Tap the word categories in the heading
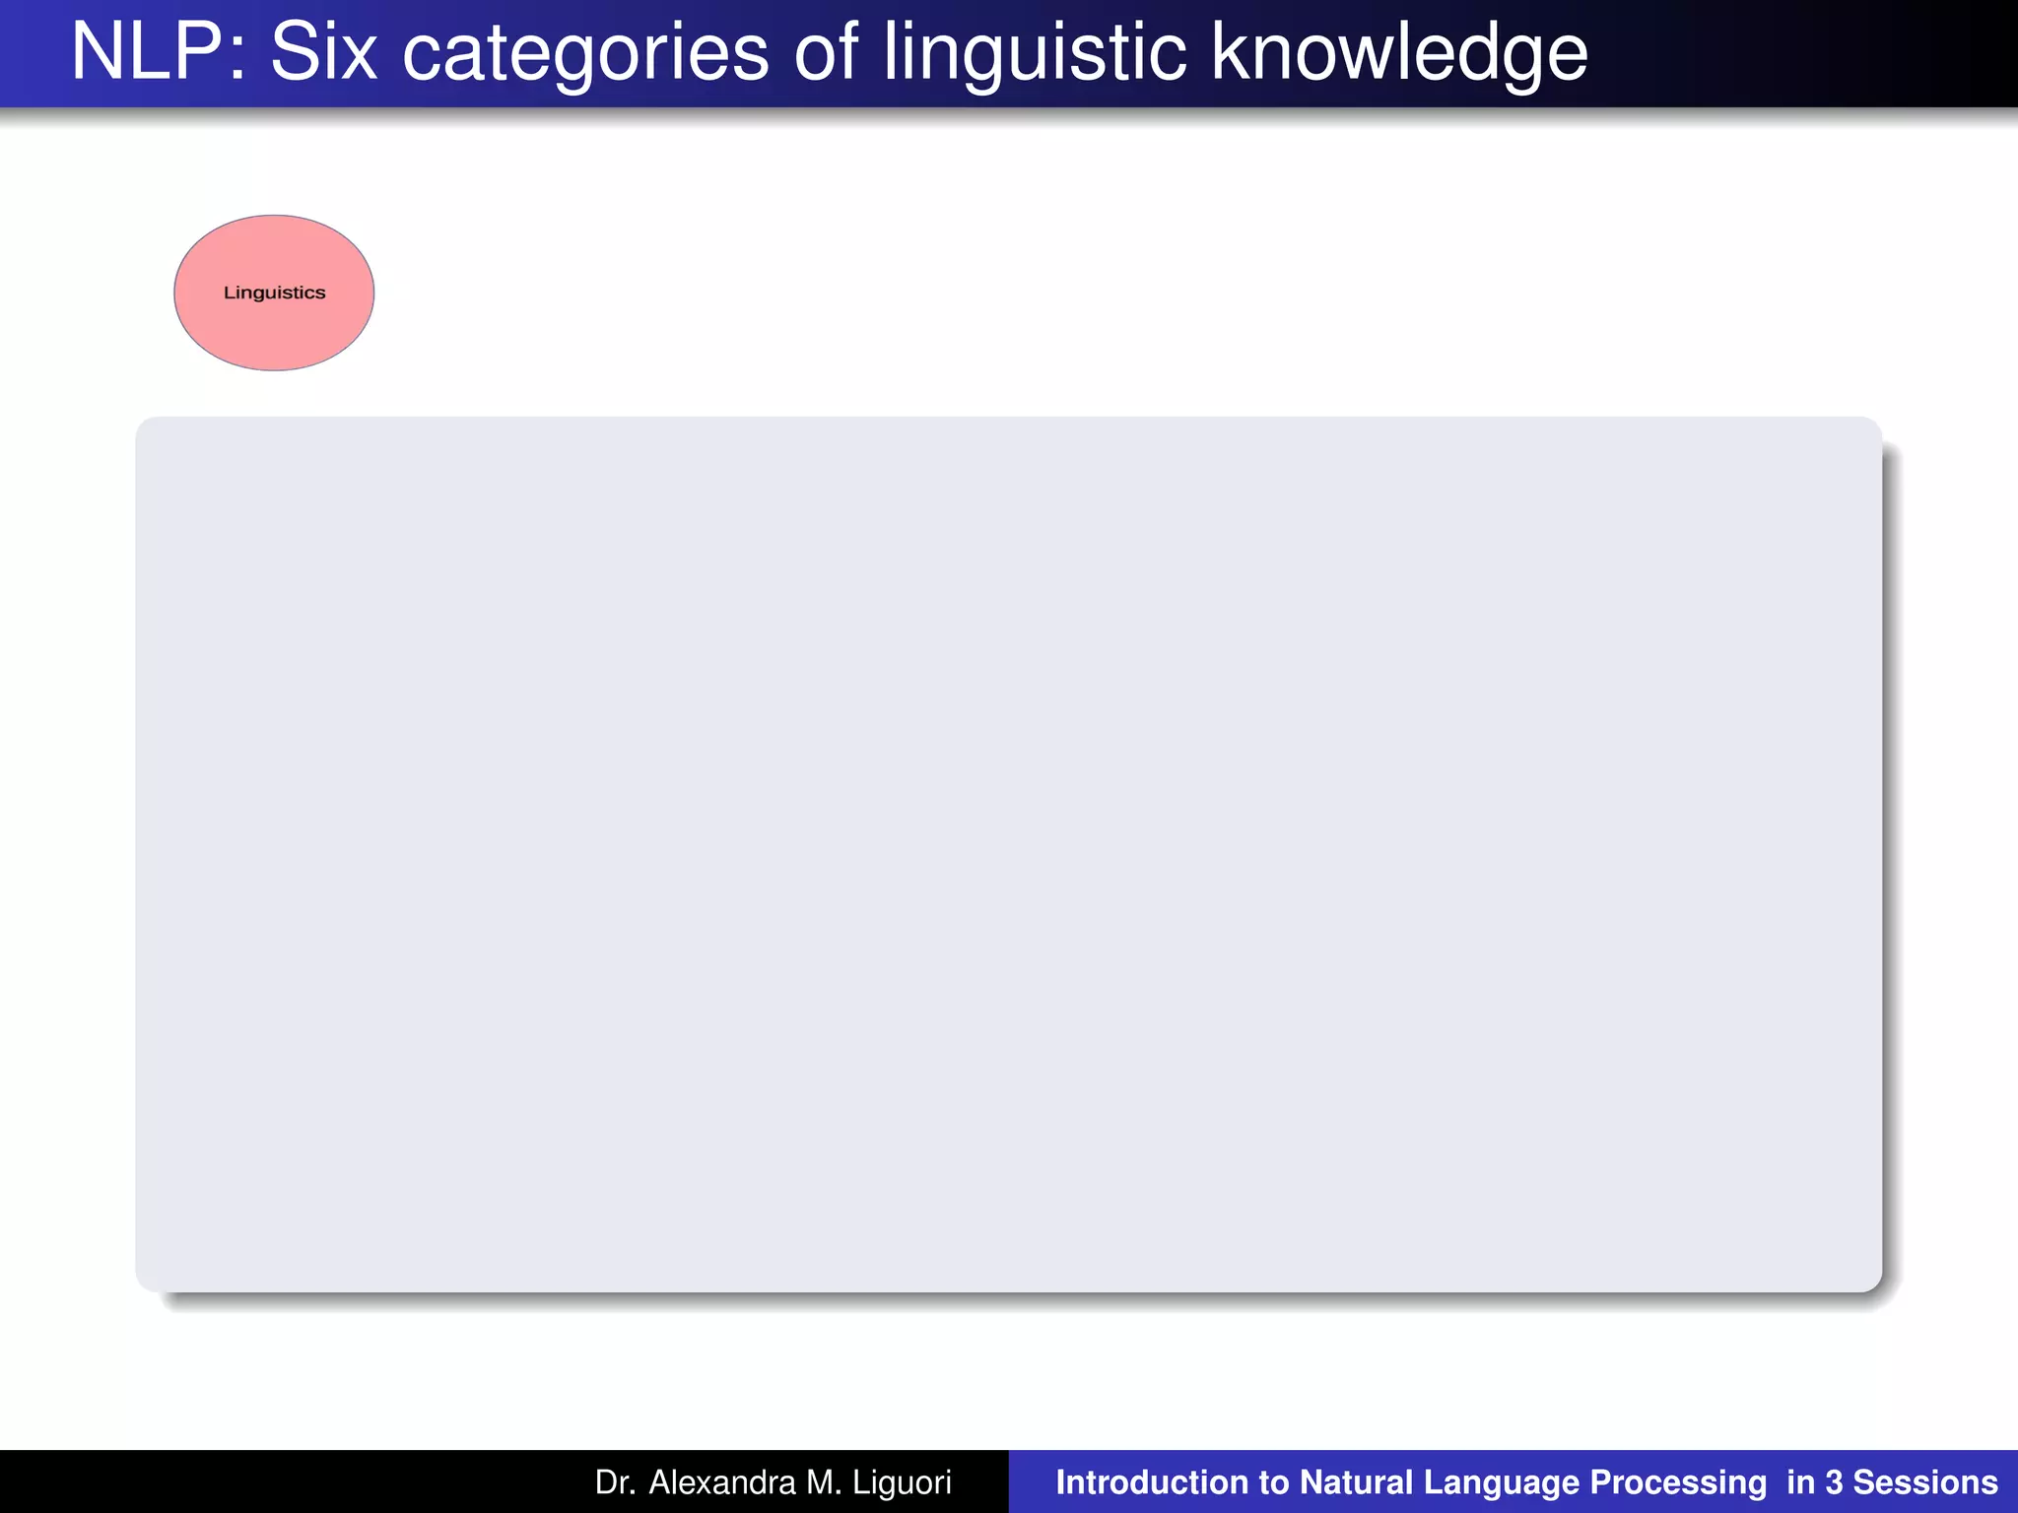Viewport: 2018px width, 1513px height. (585, 54)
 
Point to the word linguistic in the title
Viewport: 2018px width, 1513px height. (1034, 54)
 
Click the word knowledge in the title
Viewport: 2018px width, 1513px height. (1398, 54)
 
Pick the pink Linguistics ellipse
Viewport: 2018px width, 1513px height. (274, 293)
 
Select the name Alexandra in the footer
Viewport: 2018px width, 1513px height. (721, 1482)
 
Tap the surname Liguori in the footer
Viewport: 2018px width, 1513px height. (902, 1482)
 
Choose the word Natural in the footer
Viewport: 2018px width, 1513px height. (1356, 1482)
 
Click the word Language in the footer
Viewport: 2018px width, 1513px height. (1502, 1482)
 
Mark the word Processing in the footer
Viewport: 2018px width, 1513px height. (1678, 1482)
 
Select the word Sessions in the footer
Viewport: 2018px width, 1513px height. (1925, 1482)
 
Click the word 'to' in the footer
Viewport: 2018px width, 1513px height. (1274, 1482)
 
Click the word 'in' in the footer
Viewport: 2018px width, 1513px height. (1800, 1482)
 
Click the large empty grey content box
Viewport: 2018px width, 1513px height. (1008, 854)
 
